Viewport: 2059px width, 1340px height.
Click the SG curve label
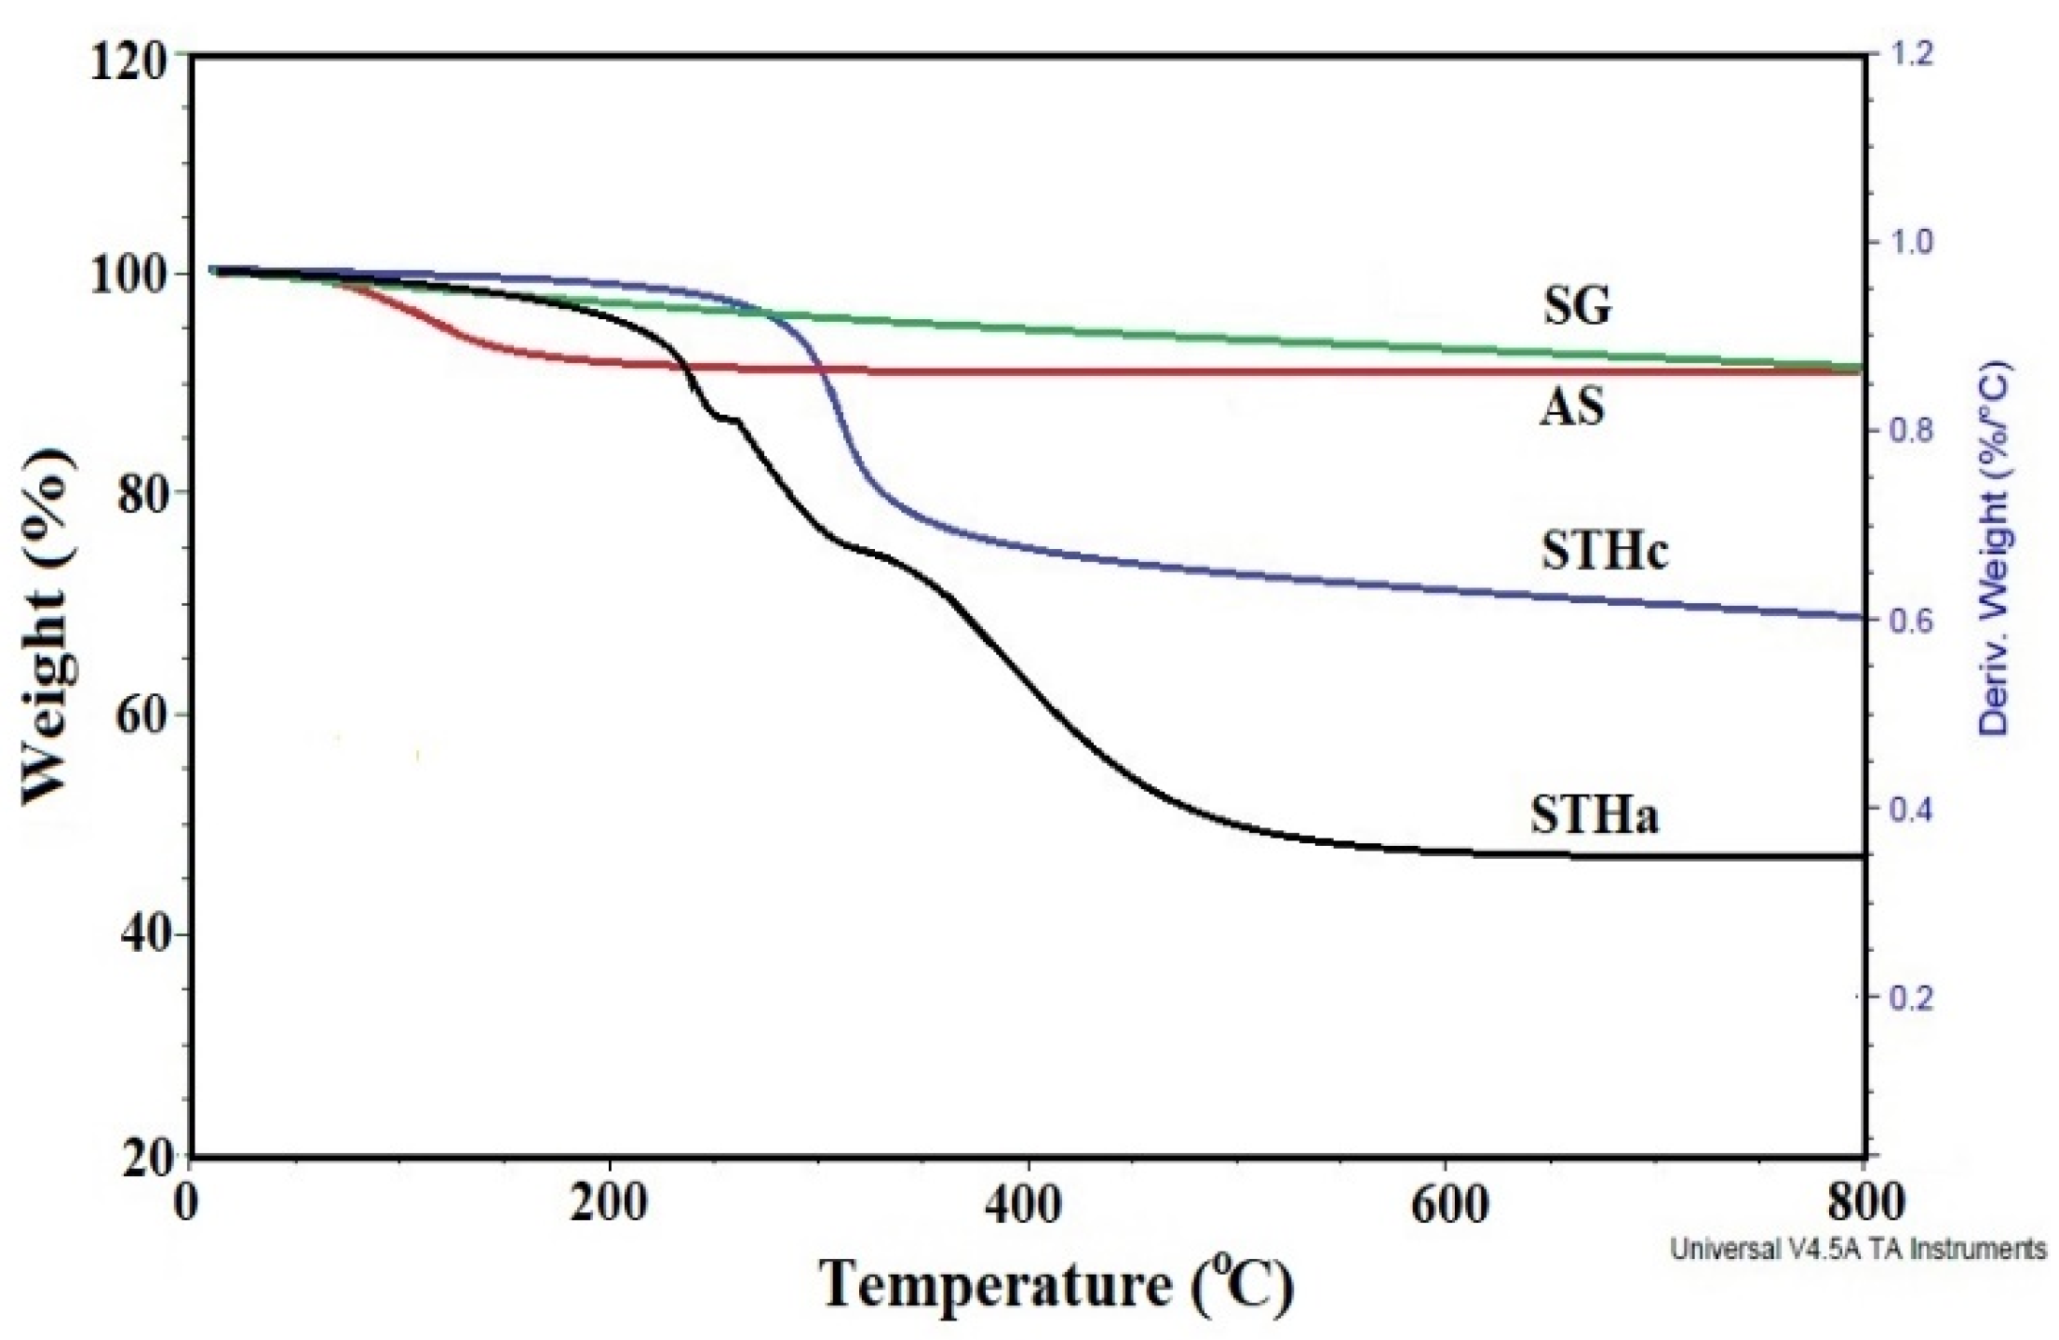pyautogui.click(x=1577, y=304)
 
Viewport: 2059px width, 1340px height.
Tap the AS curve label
pyautogui.click(x=1571, y=407)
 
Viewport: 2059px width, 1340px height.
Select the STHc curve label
pyautogui.click(x=1604, y=550)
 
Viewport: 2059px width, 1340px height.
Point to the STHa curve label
pyautogui.click(x=1595, y=815)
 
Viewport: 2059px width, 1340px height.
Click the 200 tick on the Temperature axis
pyautogui.click(x=609, y=1205)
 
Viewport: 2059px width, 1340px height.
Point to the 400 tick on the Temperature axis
pyautogui.click(x=1028, y=1205)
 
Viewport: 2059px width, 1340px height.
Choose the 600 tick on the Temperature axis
pyautogui.click(x=1447, y=1205)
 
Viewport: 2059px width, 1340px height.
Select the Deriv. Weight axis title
pyautogui.click(x=1998, y=549)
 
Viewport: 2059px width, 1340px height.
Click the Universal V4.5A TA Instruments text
pyautogui.click(x=1858, y=1248)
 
